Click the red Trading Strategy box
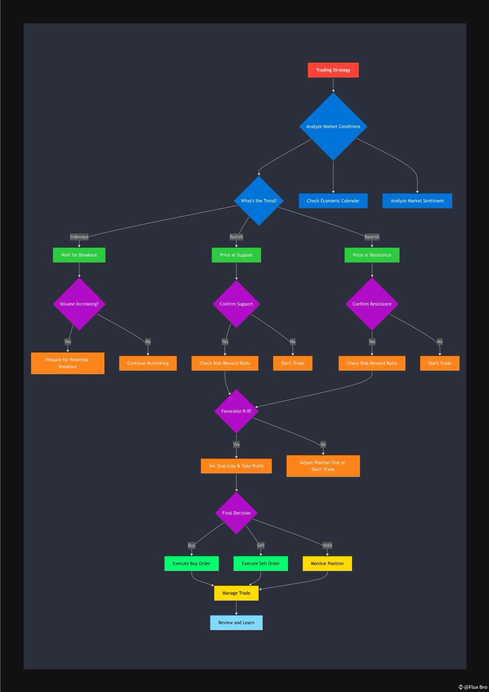tap(333, 70)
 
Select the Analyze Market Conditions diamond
tap(333, 126)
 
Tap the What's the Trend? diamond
tap(259, 201)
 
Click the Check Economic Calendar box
tap(333, 201)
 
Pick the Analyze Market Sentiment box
tap(417, 201)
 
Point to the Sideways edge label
tap(79, 237)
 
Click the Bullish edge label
tap(236, 237)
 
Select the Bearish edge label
tap(372, 237)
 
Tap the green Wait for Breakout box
tap(79, 254)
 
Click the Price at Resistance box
tap(372, 254)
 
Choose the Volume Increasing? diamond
tap(79, 304)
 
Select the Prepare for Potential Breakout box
tap(67, 363)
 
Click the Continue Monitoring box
tap(148, 363)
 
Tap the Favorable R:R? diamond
tap(236, 411)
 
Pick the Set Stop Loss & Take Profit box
tap(236, 466)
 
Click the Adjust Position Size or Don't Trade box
tap(323, 466)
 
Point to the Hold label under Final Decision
tap(327, 545)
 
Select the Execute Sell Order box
tap(260, 563)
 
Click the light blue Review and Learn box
tap(236, 623)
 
